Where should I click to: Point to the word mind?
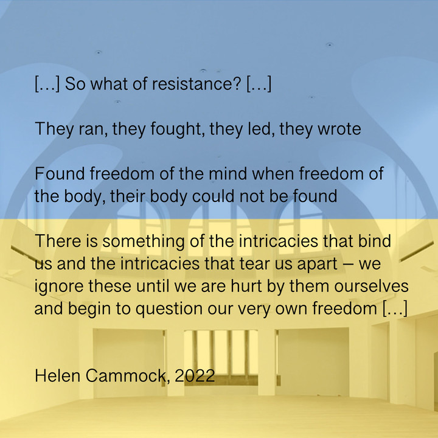pyautogui.click(x=228, y=173)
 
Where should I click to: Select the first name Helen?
pyautogui.click(x=58, y=375)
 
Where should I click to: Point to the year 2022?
pyautogui.click(x=195, y=375)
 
